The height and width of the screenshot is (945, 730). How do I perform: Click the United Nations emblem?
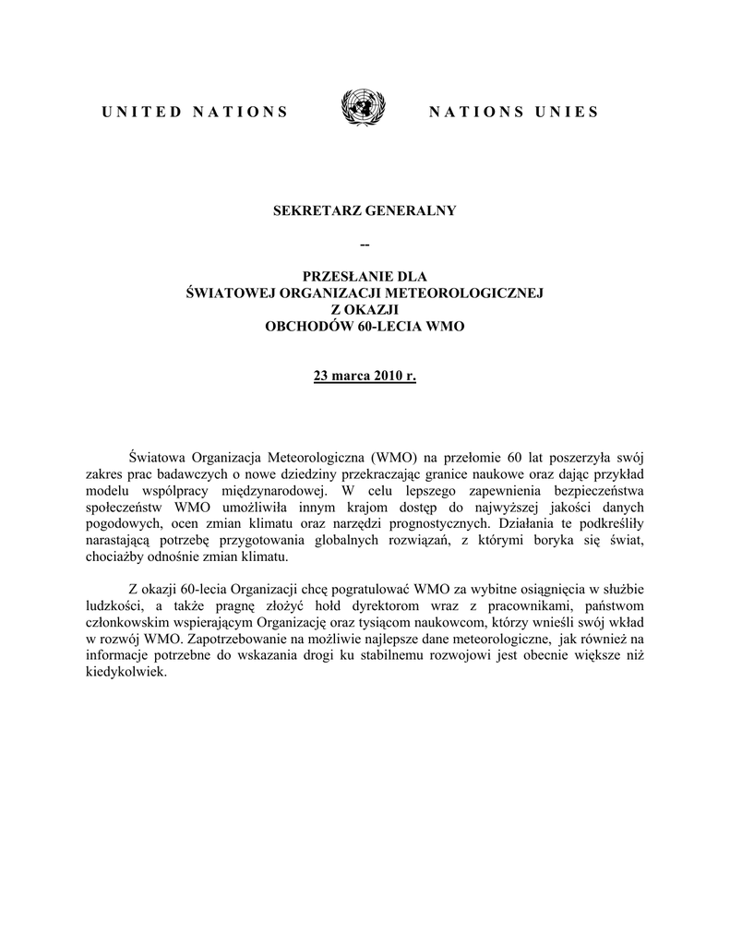pos(365,110)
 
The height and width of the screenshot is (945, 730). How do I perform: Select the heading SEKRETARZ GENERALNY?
pos(365,211)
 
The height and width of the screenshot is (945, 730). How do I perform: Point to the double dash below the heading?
pos(365,244)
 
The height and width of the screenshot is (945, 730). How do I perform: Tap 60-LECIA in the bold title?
pos(397,328)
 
